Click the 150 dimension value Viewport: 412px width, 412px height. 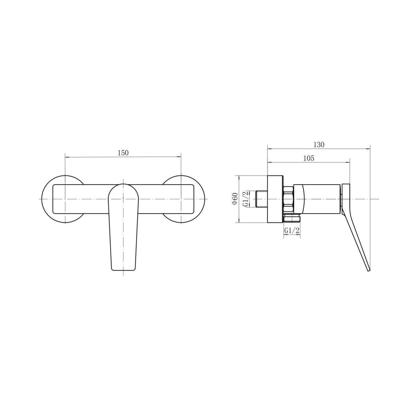coord(123,153)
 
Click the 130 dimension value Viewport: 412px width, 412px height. coord(319,145)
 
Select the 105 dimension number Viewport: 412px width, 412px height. coord(309,158)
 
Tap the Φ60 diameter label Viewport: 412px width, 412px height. coord(235,199)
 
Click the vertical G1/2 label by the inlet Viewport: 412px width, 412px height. coord(246,199)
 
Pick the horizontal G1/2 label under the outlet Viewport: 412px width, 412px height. coord(291,230)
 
